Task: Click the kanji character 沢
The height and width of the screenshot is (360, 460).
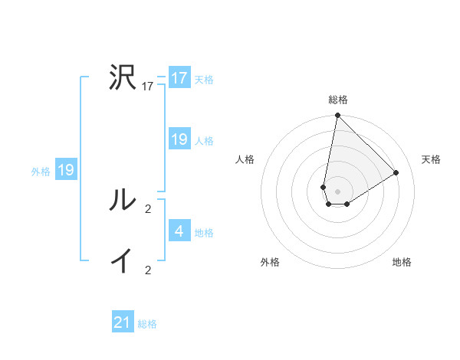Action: click(x=122, y=78)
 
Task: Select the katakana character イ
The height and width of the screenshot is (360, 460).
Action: click(x=122, y=261)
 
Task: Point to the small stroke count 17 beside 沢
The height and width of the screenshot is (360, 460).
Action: click(x=148, y=87)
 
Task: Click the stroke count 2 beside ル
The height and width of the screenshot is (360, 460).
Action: click(x=148, y=208)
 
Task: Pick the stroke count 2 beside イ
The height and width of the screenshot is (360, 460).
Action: click(x=148, y=270)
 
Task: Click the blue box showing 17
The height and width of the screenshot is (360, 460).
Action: click(x=179, y=78)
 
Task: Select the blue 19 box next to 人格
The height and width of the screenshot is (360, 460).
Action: click(x=179, y=139)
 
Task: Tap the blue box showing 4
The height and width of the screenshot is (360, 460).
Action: click(x=179, y=231)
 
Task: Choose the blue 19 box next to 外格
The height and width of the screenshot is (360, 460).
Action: click(x=66, y=170)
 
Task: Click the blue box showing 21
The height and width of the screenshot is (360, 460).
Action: click(x=123, y=322)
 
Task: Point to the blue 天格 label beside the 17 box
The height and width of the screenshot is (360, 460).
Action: click(x=204, y=79)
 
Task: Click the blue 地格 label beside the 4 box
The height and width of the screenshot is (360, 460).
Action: click(x=204, y=232)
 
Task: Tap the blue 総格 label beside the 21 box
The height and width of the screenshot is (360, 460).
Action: click(x=147, y=323)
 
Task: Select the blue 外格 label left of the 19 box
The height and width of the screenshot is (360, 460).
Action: click(x=41, y=171)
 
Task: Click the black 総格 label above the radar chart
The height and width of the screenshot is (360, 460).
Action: click(x=338, y=100)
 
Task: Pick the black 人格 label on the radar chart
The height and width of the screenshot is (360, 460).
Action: click(x=245, y=159)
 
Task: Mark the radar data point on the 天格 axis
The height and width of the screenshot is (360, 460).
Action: click(x=396, y=172)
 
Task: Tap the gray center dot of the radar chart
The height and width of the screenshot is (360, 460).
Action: click(x=338, y=191)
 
